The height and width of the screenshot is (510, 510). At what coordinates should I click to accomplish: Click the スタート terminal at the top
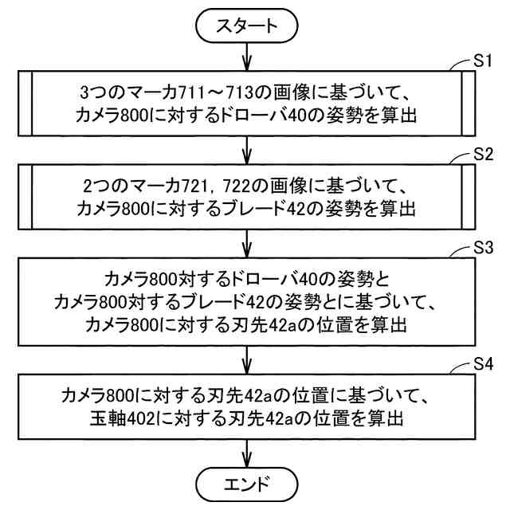[249, 25]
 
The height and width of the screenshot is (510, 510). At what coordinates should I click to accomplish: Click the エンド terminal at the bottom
[249, 484]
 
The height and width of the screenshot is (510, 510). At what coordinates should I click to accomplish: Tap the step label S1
[478, 61]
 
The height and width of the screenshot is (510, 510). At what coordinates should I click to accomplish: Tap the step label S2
[478, 152]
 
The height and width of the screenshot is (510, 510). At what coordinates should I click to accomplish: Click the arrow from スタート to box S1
[249, 56]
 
